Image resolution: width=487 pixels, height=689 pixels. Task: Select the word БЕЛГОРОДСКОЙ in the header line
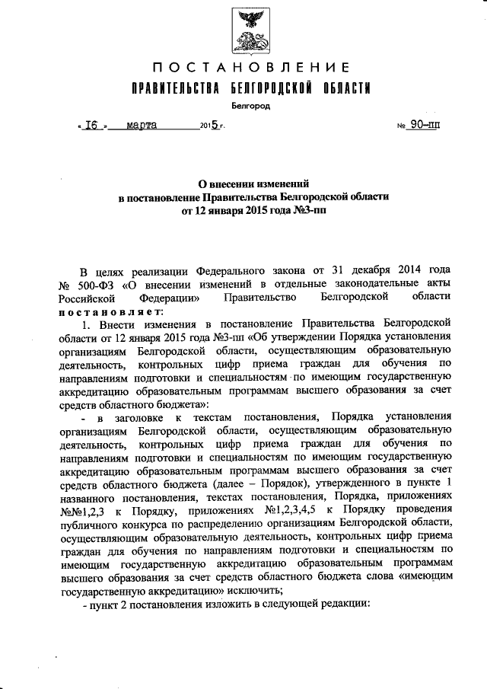272,88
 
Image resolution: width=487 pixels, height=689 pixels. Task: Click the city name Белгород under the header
250,107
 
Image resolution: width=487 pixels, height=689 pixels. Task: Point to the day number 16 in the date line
94,125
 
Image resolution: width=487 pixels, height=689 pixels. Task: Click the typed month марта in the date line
142,125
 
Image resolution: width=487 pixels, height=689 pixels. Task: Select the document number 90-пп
420,125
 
